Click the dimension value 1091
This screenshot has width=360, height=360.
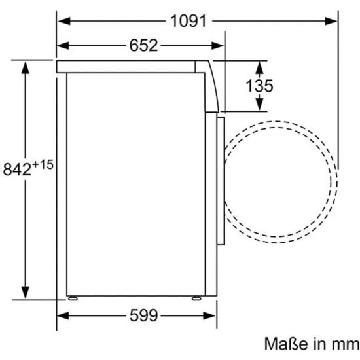pyautogui.click(x=189, y=21)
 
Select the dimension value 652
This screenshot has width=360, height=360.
pyautogui.click(x=144, y=45)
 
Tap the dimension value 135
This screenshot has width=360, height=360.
pyautogui.click(x=259, y=86)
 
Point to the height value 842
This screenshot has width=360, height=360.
pyautogui.click(x=17, y=170)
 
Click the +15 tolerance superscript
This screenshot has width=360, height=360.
pyautogui.click(x=43, y=165)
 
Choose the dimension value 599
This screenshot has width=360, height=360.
pyautogui.click(x=144, y=315)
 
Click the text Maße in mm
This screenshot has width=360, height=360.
pyautogui.click(x=312, y=344)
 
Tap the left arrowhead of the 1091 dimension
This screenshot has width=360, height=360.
pyautogui.click(x=64, y=21)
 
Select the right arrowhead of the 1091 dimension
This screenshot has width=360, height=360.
pyautogui.click(x=331, y=21)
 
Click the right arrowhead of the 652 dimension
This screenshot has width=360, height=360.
pyautogui.click(x=217, y=45)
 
